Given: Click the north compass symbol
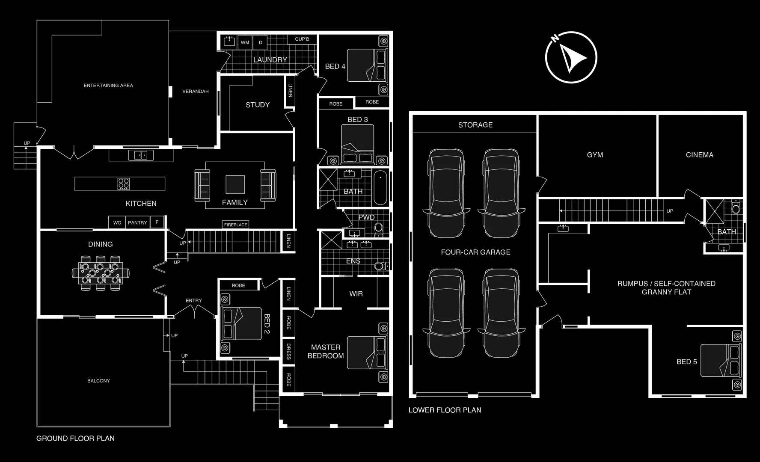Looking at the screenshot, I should tap(571, 57).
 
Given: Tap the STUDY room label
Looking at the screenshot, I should tap(258, 105).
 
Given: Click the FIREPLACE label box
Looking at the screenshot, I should tap(235, 225).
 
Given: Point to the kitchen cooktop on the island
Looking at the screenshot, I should tap(124, 184).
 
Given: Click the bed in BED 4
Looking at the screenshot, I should tap(367, 65).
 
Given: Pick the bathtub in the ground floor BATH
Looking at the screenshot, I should tap(380, 188).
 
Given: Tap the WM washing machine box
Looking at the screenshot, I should tap(245, 42).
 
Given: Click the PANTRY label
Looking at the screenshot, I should tap(137, 222).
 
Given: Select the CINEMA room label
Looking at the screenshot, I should tap(699, 155).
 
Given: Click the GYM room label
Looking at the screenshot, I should tap(595, 155).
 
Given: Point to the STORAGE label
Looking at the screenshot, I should tap(475, 125).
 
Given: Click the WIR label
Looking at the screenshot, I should tap(356, 294).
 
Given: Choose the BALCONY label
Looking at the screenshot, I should tap(98, 381).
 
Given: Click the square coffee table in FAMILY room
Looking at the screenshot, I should tap(235, 184).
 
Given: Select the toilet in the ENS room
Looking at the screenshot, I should tap(379, 266).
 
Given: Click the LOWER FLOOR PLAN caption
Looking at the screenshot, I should tap(445, 410).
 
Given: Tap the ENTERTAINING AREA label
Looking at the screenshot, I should tap(108, 86).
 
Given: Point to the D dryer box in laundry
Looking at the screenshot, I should tap(260, 42).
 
